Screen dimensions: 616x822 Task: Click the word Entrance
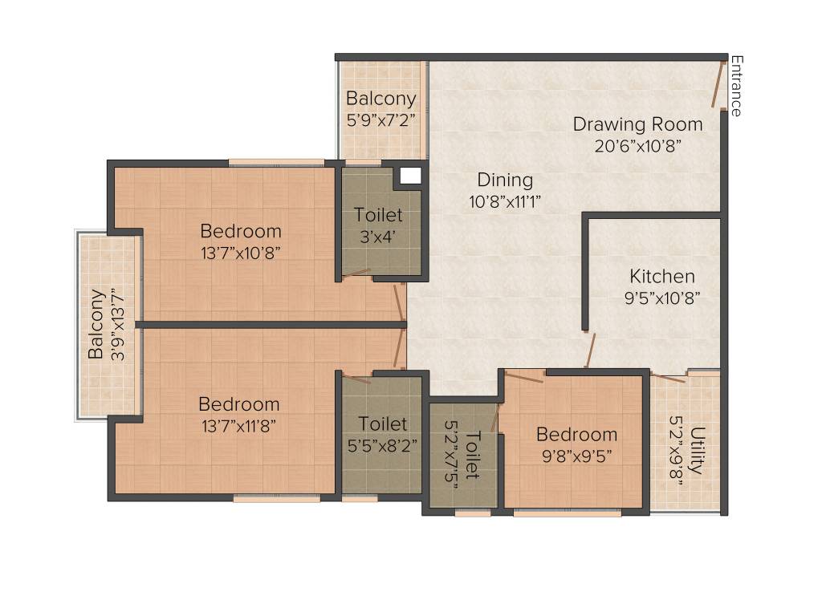coord(736,86)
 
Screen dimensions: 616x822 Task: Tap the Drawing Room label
coord(637,124)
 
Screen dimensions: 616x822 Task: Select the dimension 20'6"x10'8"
coord(638,146)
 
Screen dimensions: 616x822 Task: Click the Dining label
coord(505,180)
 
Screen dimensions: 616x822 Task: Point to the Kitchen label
coord(662,277)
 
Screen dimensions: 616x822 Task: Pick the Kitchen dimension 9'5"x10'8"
coord(662,298)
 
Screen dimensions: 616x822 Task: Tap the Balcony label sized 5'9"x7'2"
coord(381,99)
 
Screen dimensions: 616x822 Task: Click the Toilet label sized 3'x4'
coord(379,216)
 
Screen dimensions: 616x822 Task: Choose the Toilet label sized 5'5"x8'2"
coord(383,423)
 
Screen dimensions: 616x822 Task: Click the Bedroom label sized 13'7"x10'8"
coord(241,232)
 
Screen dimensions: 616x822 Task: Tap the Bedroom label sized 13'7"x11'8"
coord(239,404)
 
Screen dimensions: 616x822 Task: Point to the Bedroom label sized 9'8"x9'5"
coord(577,435)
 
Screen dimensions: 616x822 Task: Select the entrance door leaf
coord(716,85)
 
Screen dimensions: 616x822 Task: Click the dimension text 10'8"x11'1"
coord(505,202)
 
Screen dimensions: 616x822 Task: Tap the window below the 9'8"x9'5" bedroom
coord(567,513)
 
